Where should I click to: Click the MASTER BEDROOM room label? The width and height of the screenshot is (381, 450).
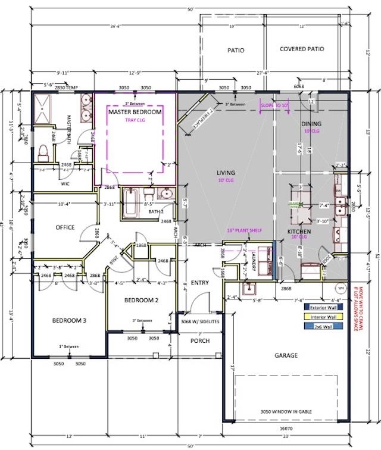point(135,111)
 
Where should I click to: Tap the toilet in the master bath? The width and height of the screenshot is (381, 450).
point(42,154)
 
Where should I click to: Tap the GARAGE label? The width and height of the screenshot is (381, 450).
point(286,355)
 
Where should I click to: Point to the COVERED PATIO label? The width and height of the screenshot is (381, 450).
point(302,49)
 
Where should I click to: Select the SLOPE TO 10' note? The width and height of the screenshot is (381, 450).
point(274,105)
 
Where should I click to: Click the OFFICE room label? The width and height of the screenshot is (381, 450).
point(64,227)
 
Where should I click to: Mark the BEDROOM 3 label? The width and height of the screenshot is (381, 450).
point(69,320)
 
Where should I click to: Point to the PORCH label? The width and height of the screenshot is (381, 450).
point(199,341)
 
